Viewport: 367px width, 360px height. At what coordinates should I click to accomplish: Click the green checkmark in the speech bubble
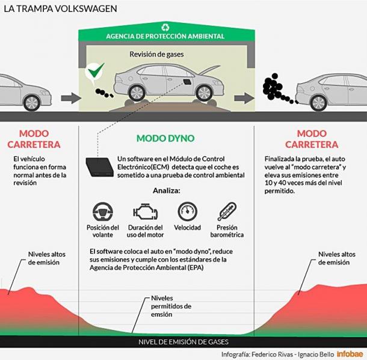pyautogui.click(x=96, y=70)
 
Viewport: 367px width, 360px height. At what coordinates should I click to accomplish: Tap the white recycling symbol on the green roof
pyautogui.click(x=165, y=28)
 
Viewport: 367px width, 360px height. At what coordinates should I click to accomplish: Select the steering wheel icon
pyautogui.click(x=102, y=211)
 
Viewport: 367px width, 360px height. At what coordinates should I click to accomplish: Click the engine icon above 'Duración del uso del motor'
pyautogui.click(x=145, y=211)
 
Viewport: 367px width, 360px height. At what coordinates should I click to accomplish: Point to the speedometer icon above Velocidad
pyautogui.click(x=187, y=211)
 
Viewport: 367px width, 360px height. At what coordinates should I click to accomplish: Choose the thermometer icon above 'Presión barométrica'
pyautogui.click(x=227, y=211)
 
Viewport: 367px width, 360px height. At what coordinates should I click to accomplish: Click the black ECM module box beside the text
pyautogui.click(x=99, y=167)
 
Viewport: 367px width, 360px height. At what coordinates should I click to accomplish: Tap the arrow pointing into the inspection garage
pyautogui.click(x=71, y=98)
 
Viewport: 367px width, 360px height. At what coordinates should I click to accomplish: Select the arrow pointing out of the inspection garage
pyautogui.click(x=244, y=98)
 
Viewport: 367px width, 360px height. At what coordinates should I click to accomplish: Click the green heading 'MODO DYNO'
pyautogui.click(x=165, y=138)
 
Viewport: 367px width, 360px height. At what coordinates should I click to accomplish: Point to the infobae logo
pyautogui.click(x=350, y=354)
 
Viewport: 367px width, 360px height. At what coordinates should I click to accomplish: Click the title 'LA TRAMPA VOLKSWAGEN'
pyautogui.click(x=60, y=9)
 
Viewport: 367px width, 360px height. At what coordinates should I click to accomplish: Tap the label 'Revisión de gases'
pyautogui.click(x=156, y=54)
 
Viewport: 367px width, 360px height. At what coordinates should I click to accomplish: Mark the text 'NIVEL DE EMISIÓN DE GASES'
pyautogui.click(x=183, y=342)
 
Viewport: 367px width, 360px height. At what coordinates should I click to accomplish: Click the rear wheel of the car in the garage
pyautogui.click(x=137, y=93)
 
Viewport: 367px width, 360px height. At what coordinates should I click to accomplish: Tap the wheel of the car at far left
pyautogui.click(x=32, y=102)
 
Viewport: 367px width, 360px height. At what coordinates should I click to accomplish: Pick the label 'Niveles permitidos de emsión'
pyautogui.click(x=171, y=306)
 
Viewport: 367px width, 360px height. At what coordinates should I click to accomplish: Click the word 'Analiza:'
pyautogui.click(x=167, y=191)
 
